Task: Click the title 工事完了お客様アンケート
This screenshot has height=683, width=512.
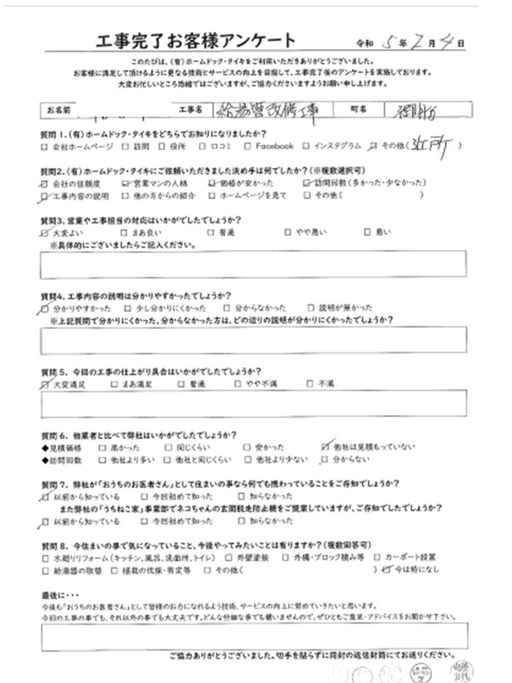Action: pyautogui.click(x=196, y=42)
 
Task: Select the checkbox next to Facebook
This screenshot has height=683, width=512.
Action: pyautogui.click(x=248, y=146)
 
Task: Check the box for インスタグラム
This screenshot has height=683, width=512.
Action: pyautogui.click(x=305, y=146)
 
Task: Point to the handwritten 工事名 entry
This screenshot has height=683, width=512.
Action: pyautogui.click(x=264, y=110)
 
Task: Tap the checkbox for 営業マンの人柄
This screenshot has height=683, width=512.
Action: pyautogui.click(x=126, y=183)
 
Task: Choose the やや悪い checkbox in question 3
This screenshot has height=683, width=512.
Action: pyautogui.click(x=287, y=232)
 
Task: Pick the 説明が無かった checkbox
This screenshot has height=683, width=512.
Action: pyautogui.click(x=309, y=308)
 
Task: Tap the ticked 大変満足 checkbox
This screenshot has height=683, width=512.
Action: pyautogui.click(x=45, y=384)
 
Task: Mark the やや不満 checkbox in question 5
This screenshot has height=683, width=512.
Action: pyautogui.click(x=238, y=384)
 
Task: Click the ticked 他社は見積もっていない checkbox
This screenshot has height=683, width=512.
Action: pyautogui.click(x=325, y=447)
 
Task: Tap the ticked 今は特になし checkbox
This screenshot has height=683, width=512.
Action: pyautogui.click(x=388, y=568)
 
